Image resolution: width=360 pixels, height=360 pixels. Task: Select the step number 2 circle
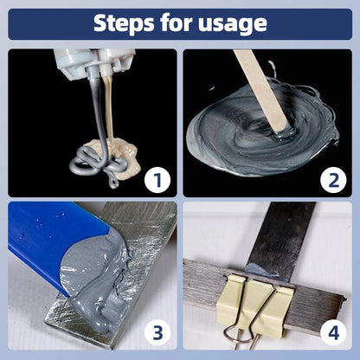(x=330, y=180)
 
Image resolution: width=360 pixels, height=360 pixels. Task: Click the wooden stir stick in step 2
(x=260, y=87)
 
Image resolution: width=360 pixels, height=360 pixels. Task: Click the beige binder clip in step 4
(x=260, y=303)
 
